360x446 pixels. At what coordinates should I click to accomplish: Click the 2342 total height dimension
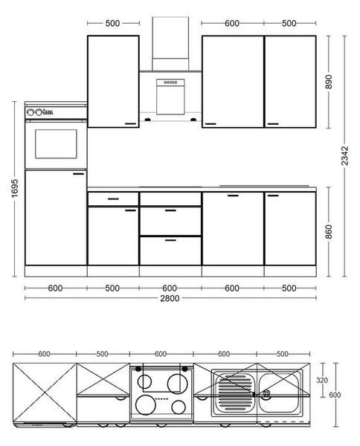(x=344, y=155)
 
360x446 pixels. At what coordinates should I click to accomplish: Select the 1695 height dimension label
(x=15, y=188)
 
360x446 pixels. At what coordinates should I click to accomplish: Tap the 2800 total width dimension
(x=170, y=298)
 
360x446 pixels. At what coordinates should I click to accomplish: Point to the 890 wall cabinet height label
(x=329, y=82)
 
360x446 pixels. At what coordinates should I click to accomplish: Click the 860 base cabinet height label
(x=329, y=232)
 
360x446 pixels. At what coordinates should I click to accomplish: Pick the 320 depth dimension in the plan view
(x=322, y=381)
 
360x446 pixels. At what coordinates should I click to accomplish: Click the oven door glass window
(x=56, y=144)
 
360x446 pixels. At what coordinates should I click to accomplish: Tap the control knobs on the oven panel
(x=34, y=112)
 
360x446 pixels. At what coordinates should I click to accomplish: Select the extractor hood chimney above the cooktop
(x=170, y=44)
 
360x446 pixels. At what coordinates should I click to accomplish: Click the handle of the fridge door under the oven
(x=79, y=173)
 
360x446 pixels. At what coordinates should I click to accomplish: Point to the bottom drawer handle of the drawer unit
(x=170, y=240)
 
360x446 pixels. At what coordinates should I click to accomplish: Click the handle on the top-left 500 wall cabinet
(x=131, y=123)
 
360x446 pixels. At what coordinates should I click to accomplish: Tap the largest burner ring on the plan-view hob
(x=146, y=405)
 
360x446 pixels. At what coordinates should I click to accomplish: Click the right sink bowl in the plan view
(x=279, y=392)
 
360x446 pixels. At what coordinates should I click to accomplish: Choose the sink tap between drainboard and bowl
(x=267, y=394)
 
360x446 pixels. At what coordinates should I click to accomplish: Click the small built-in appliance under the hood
(x=170, y=97)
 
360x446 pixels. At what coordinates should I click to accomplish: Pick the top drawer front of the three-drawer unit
(x=170, y=198)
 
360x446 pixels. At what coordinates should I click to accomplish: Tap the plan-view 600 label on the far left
(x=44, y=354)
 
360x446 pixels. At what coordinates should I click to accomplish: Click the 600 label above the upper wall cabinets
(x=232, y=23)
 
